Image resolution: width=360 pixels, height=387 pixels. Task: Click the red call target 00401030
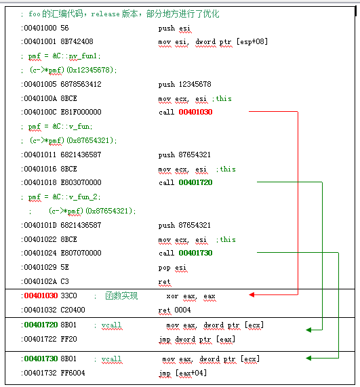[x=195, y=112]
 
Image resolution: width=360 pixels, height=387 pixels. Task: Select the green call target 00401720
[x=195, y=182]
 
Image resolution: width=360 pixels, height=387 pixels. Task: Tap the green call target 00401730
[x=195, y=253]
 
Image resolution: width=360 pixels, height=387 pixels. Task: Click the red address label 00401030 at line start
[x=41, y=296]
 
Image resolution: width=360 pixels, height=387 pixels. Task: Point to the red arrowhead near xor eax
[x=252, y=295]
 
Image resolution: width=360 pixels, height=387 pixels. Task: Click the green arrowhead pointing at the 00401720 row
[x=308, y=330]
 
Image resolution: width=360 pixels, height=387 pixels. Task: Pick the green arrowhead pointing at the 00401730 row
[x=308, y=358]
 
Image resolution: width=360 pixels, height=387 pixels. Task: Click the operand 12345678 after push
[x=195, y=84]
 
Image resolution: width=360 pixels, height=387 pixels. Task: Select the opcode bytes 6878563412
[x=81, y=84]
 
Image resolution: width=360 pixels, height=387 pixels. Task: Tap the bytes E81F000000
[x=81, y=112]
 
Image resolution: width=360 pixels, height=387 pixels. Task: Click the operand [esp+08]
[x=252, y=41]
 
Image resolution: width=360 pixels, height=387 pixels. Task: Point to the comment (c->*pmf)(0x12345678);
[x=73, y=70]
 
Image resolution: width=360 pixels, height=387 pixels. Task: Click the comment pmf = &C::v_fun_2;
[x=64, y=197]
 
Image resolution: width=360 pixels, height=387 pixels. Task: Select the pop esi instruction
[x=173, y=268]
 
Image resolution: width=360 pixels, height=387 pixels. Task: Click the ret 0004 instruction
[x=174, y=310]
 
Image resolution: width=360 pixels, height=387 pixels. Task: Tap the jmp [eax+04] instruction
[x=183, y=373]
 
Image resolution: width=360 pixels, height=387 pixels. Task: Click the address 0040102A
[x=40, y=281]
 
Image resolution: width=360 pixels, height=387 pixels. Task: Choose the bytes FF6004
[x=73, y=373]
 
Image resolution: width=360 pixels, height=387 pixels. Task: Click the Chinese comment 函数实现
[x=121, y=296]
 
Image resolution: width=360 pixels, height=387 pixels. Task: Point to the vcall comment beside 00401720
[x=112, y=325]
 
